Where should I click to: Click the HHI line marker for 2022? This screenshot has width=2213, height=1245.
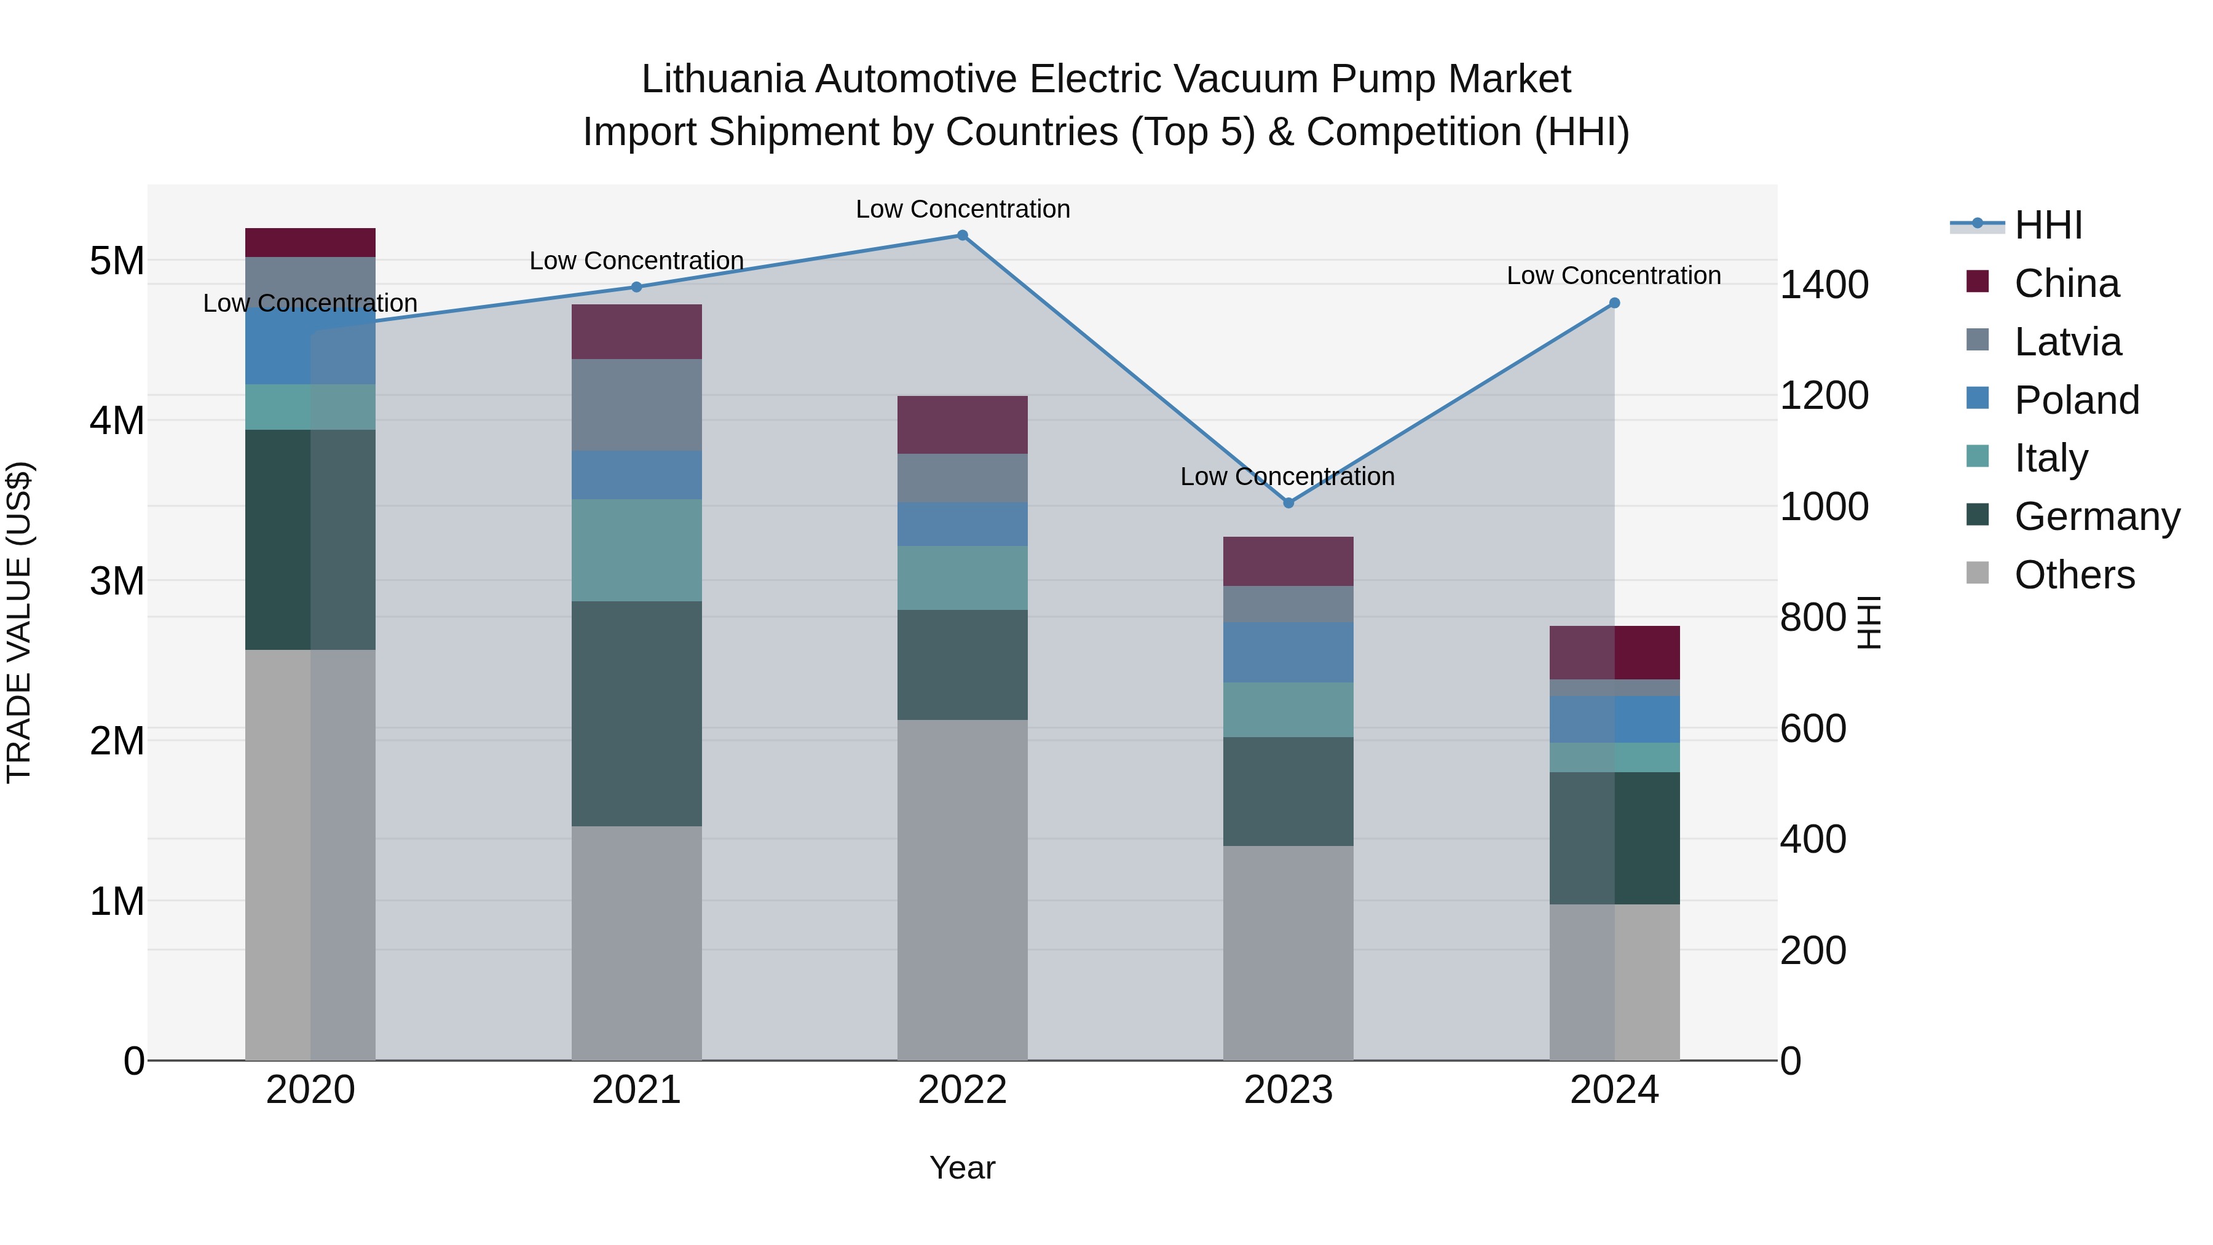pyautogui.click(x=962, y=235)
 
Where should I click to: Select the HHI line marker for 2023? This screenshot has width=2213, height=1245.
pyautogui.click(x=1288, y=503)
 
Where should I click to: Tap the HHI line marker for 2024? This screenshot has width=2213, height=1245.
pyautogui.click(x=1614, y=303)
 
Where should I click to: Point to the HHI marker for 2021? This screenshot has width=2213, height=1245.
pyautogui.click(x=637, y=287)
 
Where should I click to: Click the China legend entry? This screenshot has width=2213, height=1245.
pyautogui.click(x=2065, y=283)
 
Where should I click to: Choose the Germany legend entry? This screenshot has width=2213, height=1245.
pyautogui.click(x=2096, y=516)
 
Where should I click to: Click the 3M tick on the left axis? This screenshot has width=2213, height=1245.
pyautogui.click(x=117, y=582)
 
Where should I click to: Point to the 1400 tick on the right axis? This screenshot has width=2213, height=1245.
pyautogui.click(x=1823, y=285)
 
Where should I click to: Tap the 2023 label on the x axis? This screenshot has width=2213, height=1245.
pyautogui.click(x=1288, y=1090)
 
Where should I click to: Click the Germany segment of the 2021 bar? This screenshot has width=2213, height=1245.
pyautogui.click(x=637, y=713)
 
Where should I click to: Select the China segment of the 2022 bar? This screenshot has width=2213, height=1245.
pyautogui.click(x=962, y=424)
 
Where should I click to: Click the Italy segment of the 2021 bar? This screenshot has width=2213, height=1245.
pyautogui.click(x=637, y=550)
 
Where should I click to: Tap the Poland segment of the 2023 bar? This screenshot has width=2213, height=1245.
pyautogui.click(x=1288, y=652)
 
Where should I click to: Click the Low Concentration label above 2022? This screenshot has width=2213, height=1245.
pyautogui.click(x=962, y=209)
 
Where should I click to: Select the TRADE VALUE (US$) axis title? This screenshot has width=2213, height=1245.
pyautogui.click(x=19, y=622)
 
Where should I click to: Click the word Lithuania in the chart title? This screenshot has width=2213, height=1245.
pyautogui.click(x=722, y=79)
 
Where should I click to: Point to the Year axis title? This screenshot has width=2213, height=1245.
pyautogui.click(x=962, y=1168)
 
